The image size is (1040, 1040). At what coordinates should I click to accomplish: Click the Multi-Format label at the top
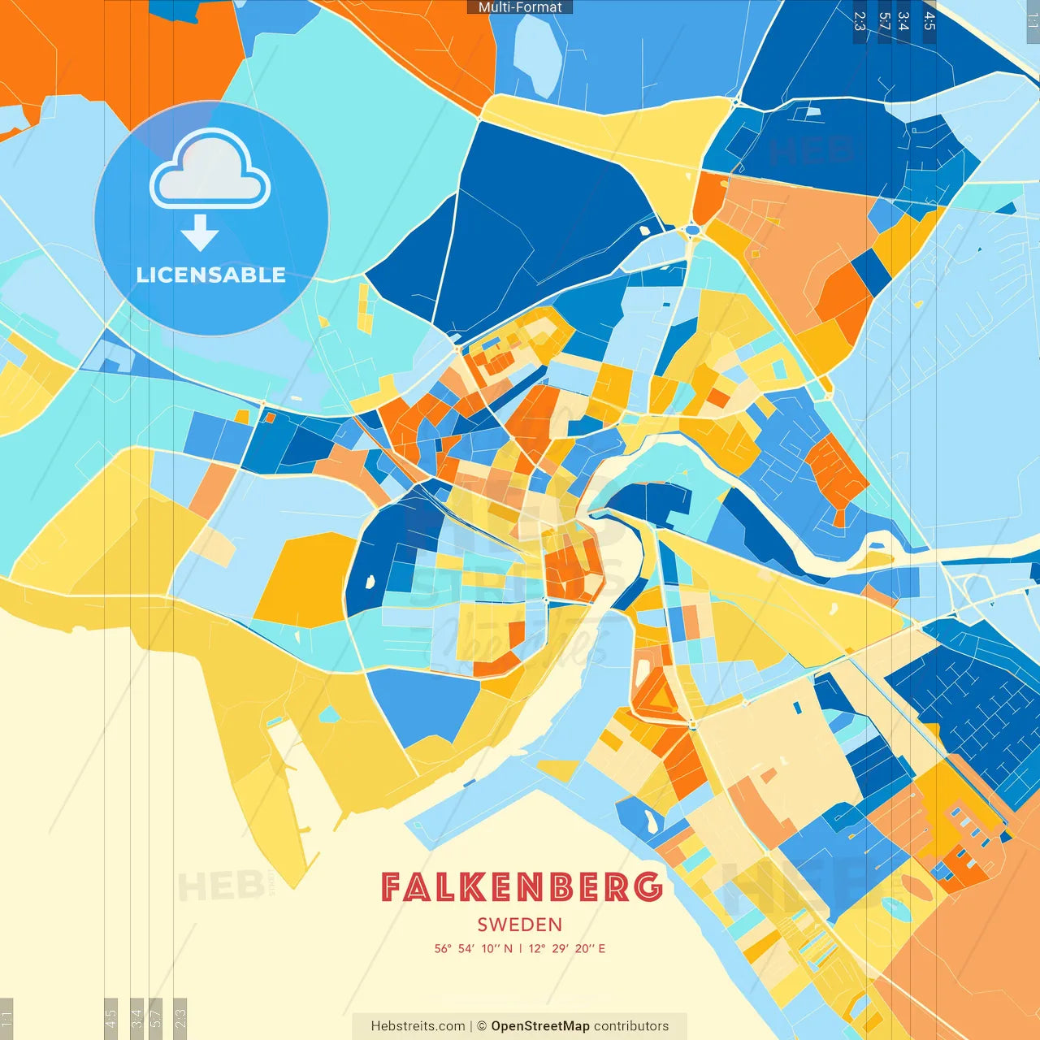click(520, 7)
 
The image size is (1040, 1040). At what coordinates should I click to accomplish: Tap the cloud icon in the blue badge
click(210, 171)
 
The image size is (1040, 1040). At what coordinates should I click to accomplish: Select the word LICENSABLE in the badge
click(210, 275)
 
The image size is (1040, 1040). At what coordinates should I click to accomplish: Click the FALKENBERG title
click(521, 887)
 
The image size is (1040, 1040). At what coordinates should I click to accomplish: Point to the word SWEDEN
click(520, 925)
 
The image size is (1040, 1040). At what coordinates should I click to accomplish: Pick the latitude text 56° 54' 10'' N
click(474, 948)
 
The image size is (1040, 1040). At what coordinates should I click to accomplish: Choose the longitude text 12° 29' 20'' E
click(567, 948)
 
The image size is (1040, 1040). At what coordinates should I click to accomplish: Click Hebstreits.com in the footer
click(418, 1026)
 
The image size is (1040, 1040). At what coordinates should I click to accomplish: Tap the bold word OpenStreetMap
click(540, 1026)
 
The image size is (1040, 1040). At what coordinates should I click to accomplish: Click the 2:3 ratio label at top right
click(860, 21)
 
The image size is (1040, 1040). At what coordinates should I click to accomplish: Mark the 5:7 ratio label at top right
click(884, 21)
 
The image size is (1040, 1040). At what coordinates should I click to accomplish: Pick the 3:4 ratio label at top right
click(903, 21)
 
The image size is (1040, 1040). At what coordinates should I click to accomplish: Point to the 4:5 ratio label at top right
click(929, 21)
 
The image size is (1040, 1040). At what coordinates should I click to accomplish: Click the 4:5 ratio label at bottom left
click(110, 1016)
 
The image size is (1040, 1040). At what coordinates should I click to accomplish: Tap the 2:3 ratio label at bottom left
click(180, 1016)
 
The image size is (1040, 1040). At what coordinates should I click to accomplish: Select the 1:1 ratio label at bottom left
click(6, 1016)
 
